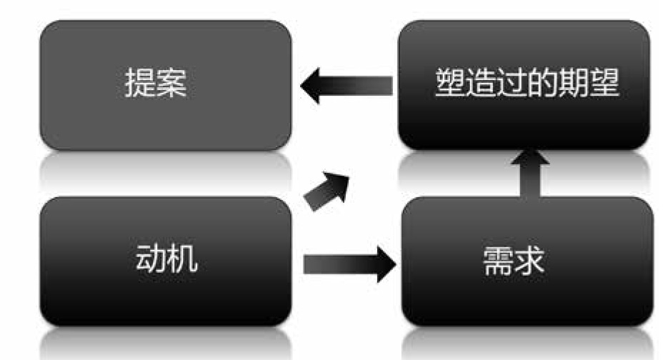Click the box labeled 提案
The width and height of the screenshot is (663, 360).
165,85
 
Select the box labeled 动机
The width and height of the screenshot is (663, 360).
165,261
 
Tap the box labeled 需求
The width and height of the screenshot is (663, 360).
527,261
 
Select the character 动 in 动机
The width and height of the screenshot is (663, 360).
149,260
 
